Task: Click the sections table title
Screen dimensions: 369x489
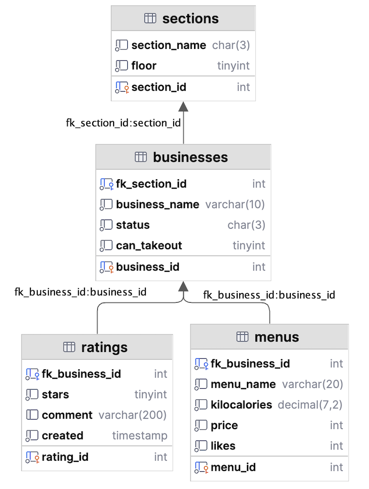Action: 190,19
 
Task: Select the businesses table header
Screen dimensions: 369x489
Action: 190,157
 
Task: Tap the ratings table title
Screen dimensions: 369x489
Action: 104,347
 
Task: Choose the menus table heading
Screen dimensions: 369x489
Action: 277,337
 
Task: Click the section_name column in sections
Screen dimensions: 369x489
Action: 169,45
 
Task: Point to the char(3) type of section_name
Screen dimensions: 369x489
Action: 231,45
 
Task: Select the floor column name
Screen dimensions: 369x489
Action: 144,66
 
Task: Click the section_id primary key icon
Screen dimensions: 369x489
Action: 122,87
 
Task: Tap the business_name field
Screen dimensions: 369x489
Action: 157,205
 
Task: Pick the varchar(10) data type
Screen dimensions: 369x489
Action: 235,205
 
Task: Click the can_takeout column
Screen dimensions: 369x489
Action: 149,245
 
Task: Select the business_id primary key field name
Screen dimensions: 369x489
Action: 148,267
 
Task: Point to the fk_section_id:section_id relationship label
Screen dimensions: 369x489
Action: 124,123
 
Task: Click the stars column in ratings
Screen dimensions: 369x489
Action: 55,395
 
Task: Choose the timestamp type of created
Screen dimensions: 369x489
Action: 140,436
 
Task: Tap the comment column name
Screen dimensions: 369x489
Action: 67,415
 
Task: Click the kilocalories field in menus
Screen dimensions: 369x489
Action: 241,405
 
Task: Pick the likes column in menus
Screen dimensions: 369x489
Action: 223,446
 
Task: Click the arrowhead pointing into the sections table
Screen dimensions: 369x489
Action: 183,106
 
